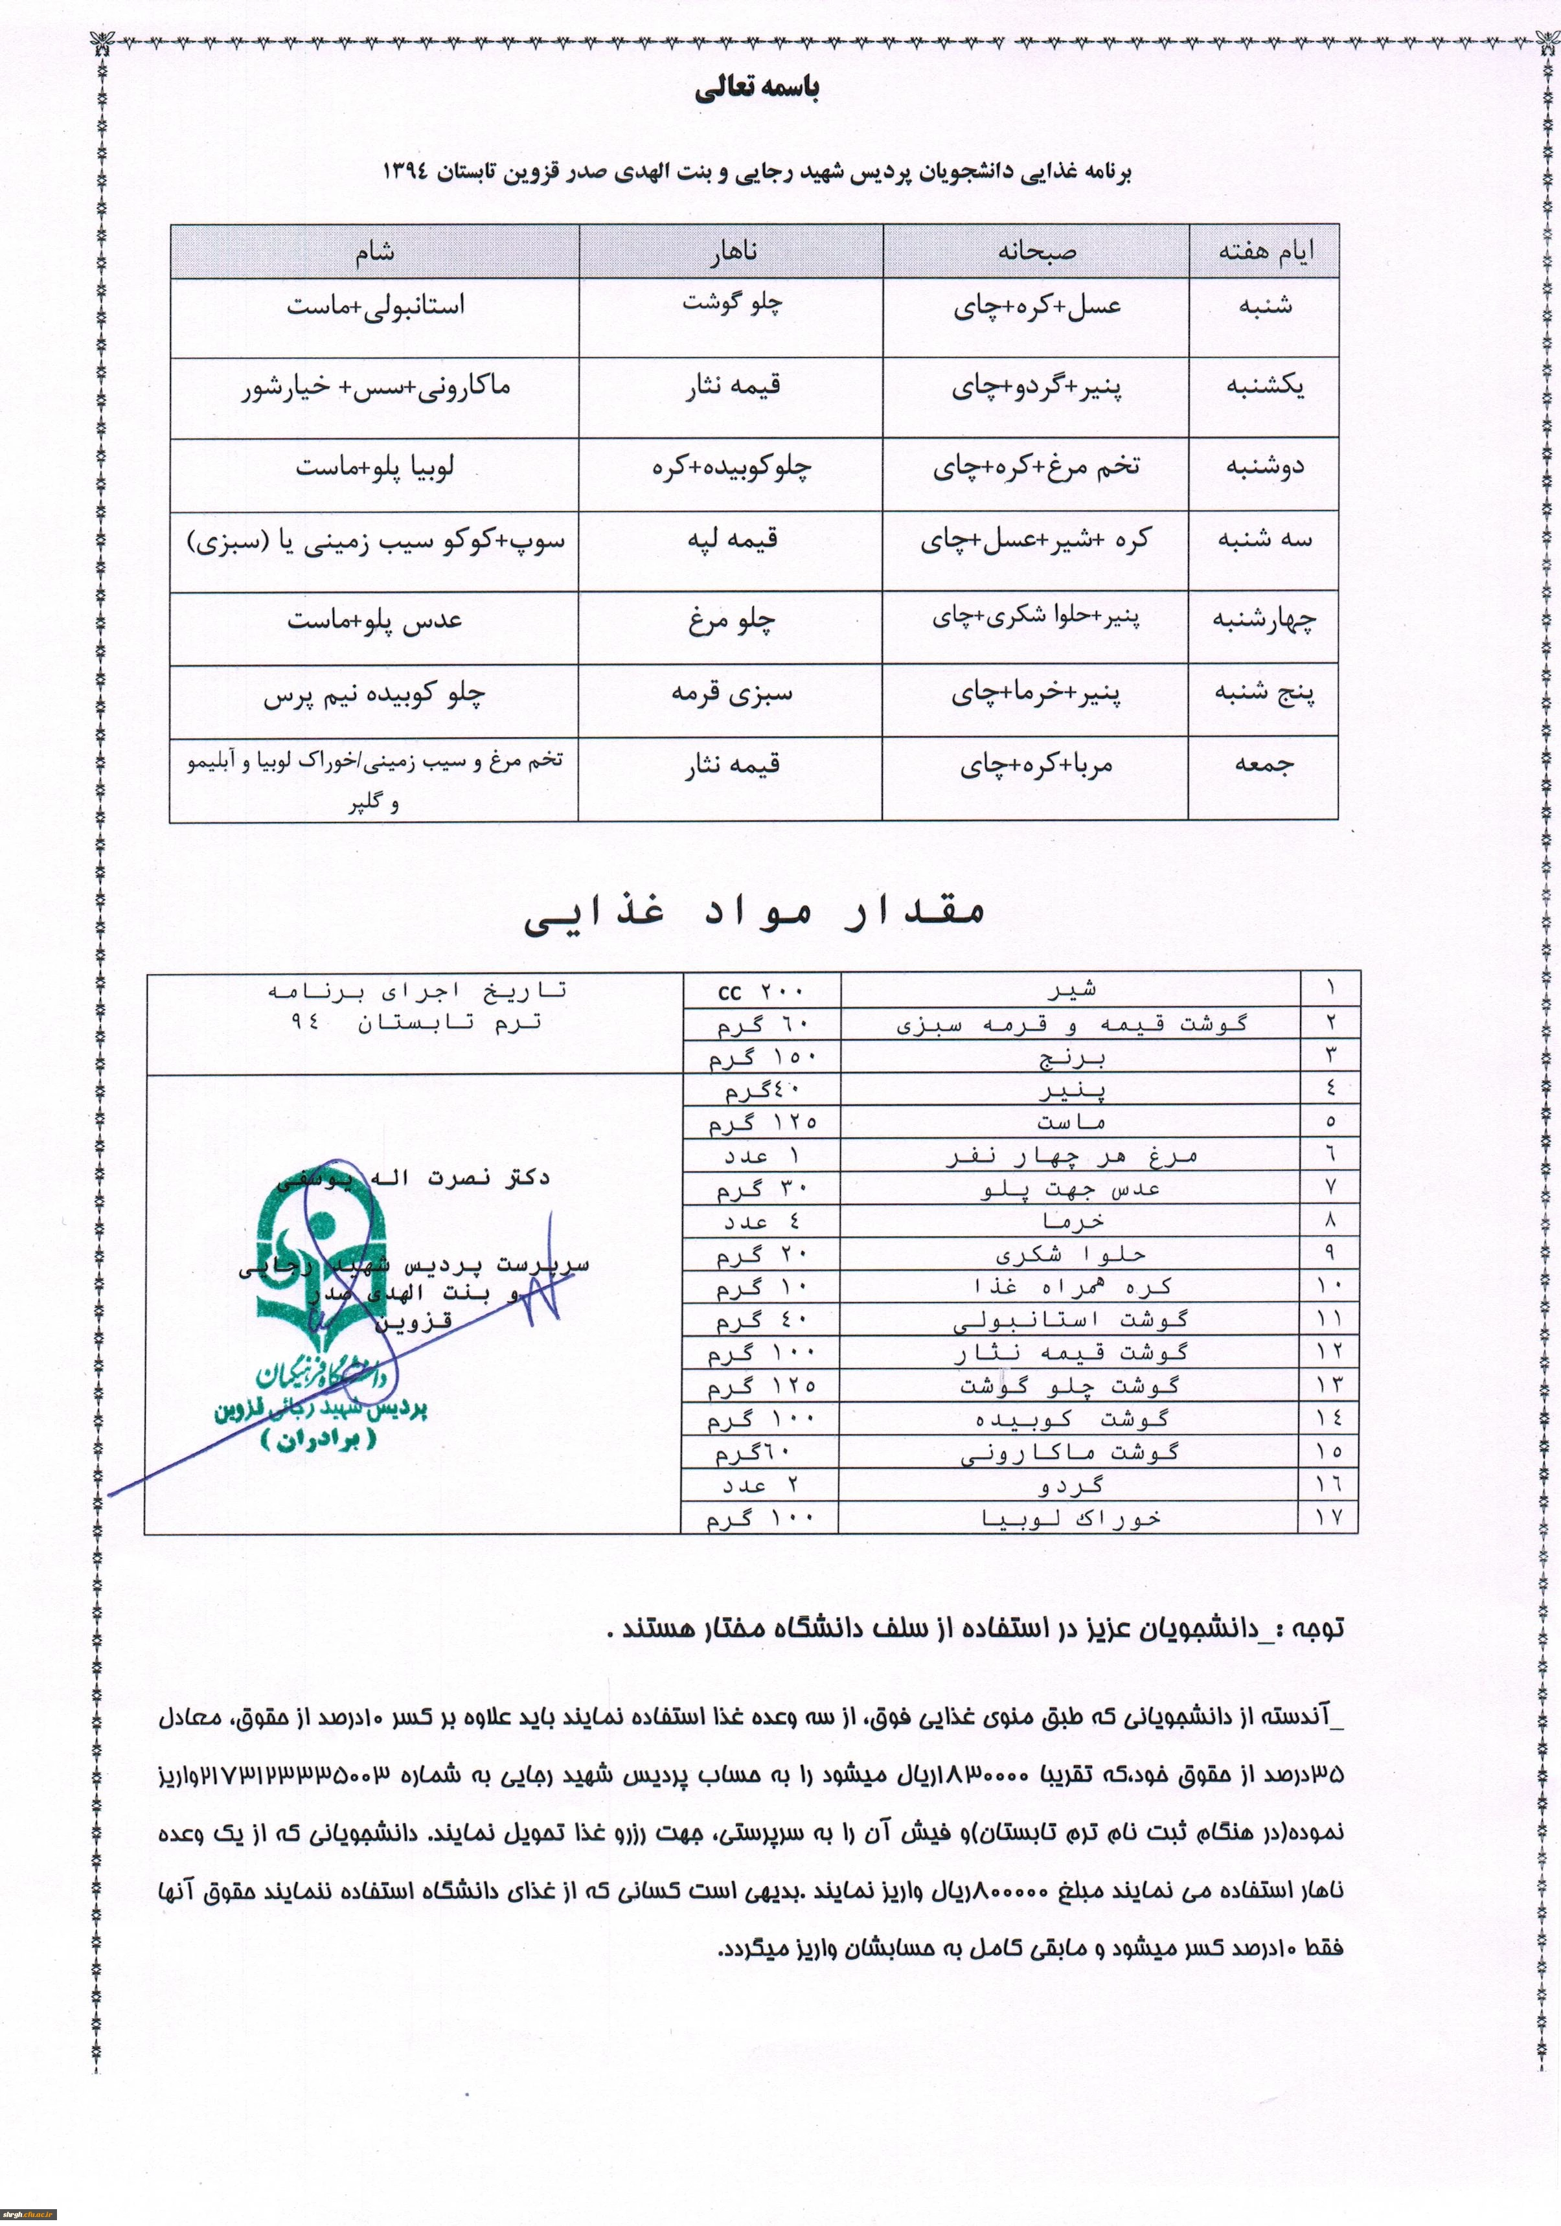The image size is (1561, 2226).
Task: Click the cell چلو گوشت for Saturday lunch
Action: (x=732, y=302)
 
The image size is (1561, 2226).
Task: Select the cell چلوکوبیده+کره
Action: (x=731, y=468)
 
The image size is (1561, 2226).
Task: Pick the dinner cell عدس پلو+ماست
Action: (x=374, y=620)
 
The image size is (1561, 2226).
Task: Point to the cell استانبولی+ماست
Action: (x=375, y=306)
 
